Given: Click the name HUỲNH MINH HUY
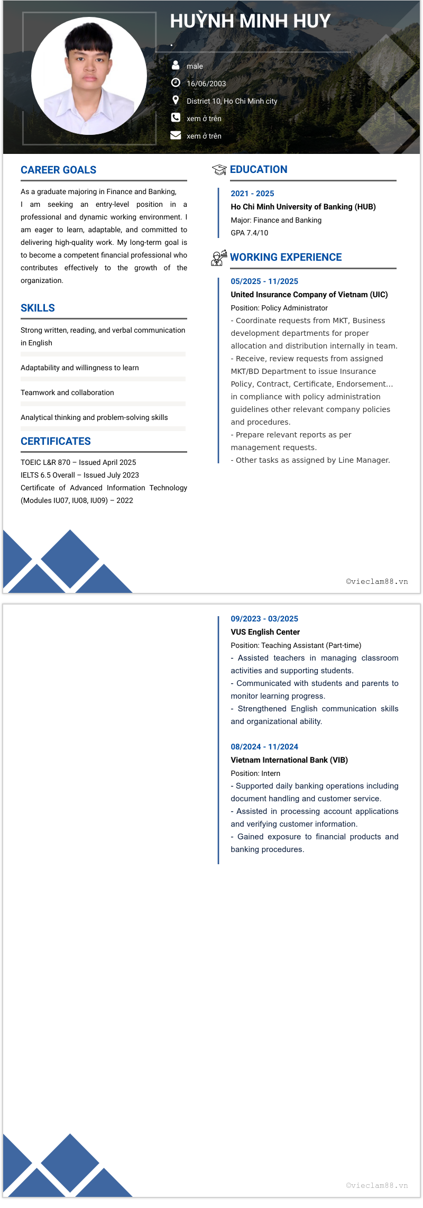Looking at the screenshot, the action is point(250,21).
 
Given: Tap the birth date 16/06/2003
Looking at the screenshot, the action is point(206,84).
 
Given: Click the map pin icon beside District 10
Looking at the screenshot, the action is point(176,100).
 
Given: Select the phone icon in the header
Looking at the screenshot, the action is point(176,117).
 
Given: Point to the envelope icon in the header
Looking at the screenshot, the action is point(176,135).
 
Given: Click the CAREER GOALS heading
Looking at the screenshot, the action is point(58,170).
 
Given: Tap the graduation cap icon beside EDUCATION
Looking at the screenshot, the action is point(219,170).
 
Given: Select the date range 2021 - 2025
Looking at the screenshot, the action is point(252,194).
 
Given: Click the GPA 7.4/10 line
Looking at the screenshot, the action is point(249,233).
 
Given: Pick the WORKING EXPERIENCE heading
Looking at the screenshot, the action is point(286,257).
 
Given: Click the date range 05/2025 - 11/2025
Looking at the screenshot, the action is point(264,281).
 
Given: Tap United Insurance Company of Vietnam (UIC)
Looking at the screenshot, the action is point(309,295).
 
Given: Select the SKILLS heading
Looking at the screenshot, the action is point(38,308).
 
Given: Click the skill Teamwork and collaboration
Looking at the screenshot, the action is point(67,392).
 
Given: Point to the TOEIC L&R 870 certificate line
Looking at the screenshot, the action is point(78,462).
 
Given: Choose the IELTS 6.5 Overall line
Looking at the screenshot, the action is point(79,475).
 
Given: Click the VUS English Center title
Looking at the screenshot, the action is point(265,632).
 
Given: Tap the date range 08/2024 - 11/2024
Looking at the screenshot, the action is point(264,747).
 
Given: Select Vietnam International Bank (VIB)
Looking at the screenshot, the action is point(289,760).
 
